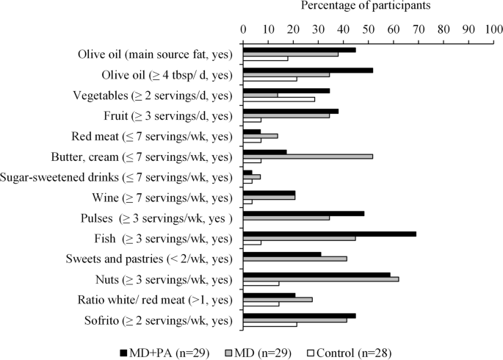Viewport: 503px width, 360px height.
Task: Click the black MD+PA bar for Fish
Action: click(x=330, y=234)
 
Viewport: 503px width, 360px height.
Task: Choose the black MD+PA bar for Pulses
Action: click(x=304, y=213)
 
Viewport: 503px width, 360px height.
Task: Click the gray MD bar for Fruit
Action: click(x=286, y=115)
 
